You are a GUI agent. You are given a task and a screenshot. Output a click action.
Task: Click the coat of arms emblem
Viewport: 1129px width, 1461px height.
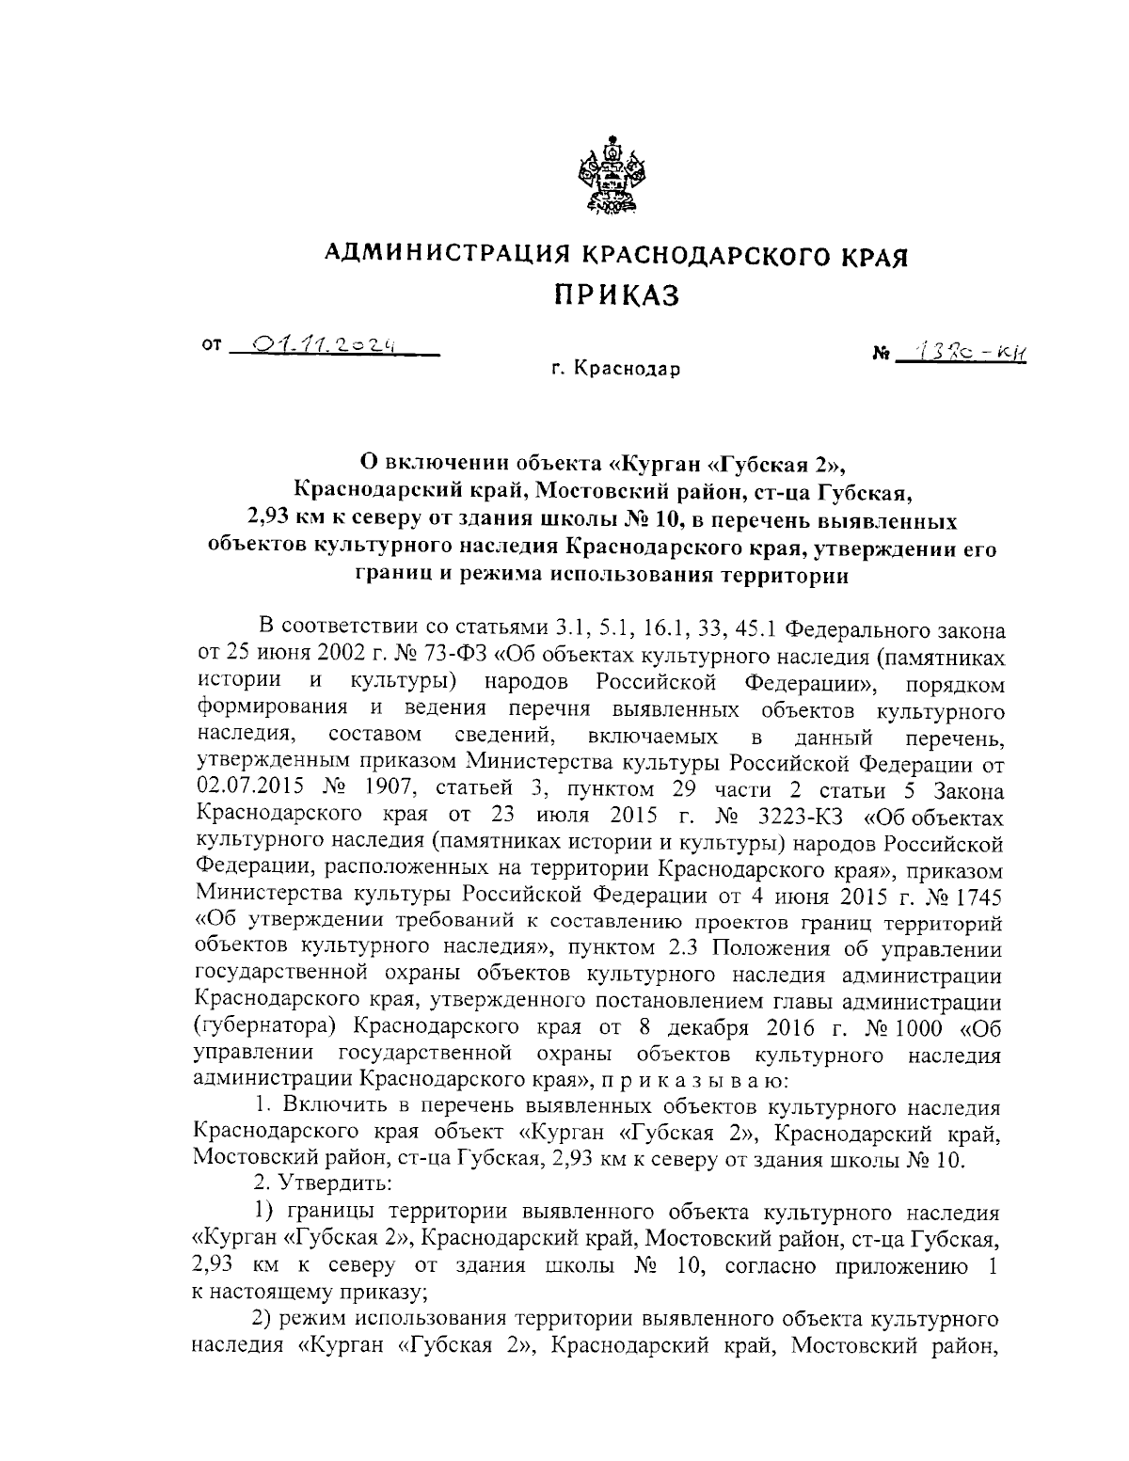pyautogui.click(x=612, y=179)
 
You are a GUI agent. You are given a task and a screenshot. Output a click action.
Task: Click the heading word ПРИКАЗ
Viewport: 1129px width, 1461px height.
pyautogui.click(x=615, y=296)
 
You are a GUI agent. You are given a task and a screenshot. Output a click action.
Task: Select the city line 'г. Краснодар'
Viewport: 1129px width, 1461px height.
pyautogui.click(x=615, y=370)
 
